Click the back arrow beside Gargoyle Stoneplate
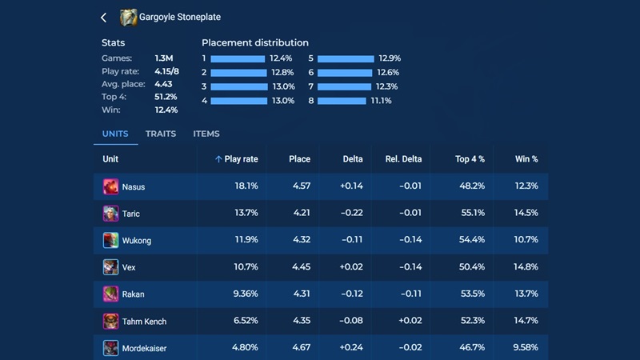[104, 17]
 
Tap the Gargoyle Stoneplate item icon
[128, 17]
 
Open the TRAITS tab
[161, 134]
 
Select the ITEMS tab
[206, 134]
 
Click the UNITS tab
[115, 134]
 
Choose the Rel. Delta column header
[403, 159]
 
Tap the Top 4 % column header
[470, 159]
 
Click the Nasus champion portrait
[110, 186]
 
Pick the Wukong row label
[136, 241]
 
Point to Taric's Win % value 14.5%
[526, 214]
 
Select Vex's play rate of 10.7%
[246, 267]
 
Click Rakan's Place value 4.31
[299, 294]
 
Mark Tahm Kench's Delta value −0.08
[351, 322]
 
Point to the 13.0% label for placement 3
[283, 86]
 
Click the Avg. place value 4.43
[164, 84]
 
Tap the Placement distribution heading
[255, 42]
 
